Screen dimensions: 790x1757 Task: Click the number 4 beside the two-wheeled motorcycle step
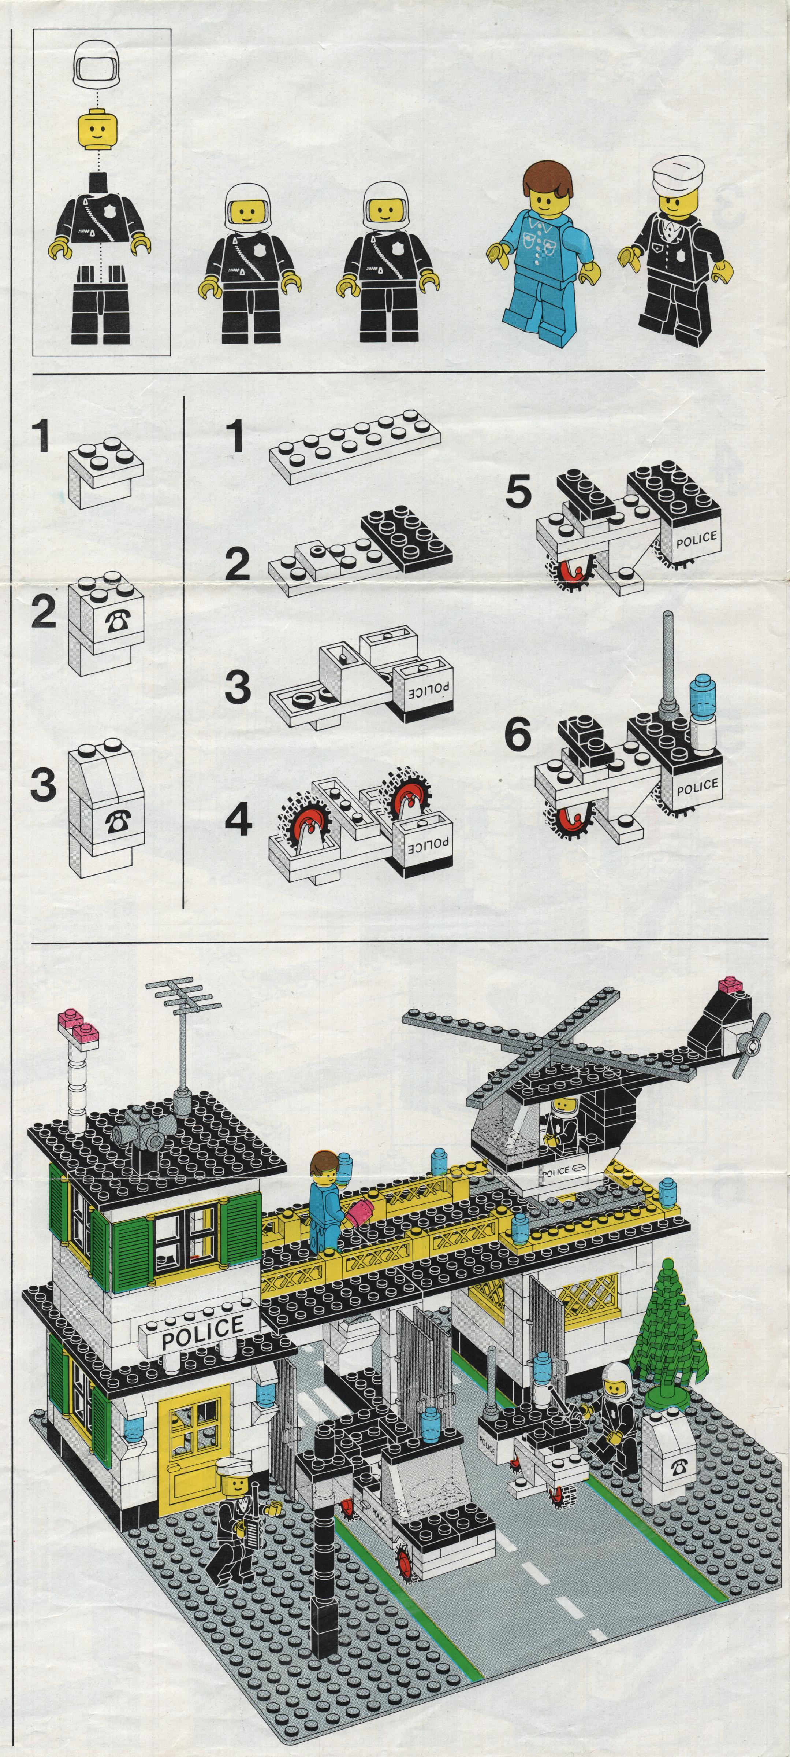(x=239, y=822)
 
